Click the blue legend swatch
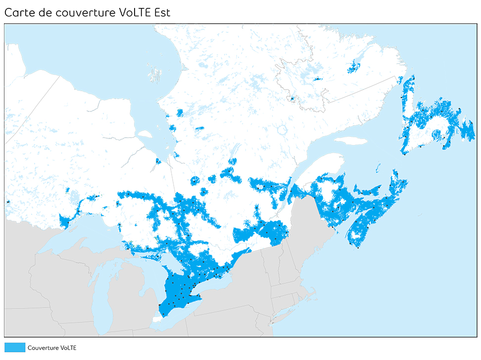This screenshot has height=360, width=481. [x=14, y=348]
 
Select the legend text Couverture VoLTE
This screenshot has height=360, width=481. [x=52, y=348]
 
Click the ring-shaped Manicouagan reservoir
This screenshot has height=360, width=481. [x=283, y=130]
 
